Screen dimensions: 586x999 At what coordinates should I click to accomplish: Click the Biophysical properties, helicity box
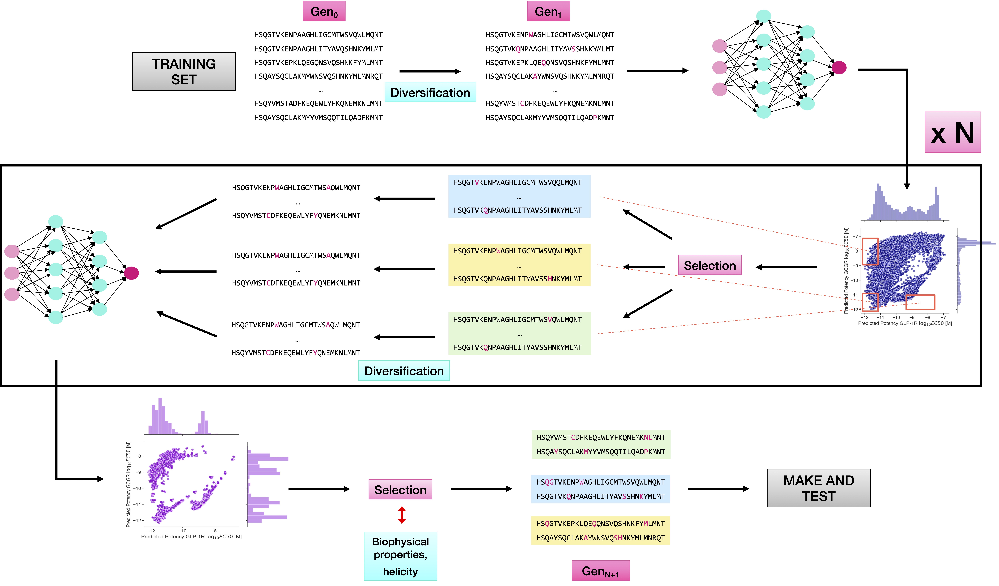[400, 556]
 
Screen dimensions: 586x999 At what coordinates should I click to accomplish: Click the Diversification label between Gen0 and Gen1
[430, 92]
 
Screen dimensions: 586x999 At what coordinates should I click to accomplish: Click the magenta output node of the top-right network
[839, 67]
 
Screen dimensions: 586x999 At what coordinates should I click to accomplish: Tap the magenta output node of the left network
[131, 273]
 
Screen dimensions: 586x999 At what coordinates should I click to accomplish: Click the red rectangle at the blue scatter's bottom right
[920, 302]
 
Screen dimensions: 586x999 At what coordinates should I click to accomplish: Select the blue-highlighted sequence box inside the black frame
[519, 196]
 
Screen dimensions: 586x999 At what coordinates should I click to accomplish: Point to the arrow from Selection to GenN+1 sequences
[481, 489]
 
